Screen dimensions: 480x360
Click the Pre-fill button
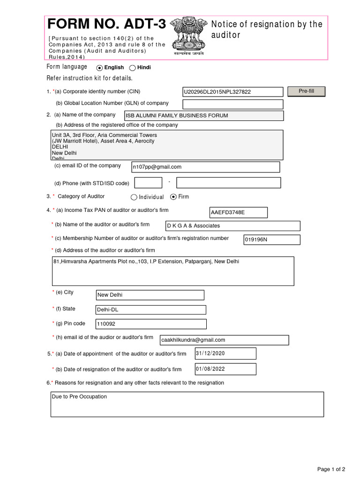306,91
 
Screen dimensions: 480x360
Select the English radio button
99,67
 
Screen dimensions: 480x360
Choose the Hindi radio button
133,67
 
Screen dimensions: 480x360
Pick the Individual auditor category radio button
134,197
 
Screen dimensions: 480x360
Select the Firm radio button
173,197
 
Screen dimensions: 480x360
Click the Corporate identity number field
232,92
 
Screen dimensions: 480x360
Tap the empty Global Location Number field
232,104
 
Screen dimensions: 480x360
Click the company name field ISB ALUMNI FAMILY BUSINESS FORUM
203,116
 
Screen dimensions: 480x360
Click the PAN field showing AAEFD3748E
238,213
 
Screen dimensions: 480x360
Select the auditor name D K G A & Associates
232,226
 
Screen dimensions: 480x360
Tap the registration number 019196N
271,240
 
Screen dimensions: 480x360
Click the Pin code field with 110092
150,324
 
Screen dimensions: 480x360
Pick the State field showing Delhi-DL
150,310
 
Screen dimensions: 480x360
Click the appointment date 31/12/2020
225,353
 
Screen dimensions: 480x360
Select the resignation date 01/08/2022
225,369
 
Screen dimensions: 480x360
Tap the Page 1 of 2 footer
331,469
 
